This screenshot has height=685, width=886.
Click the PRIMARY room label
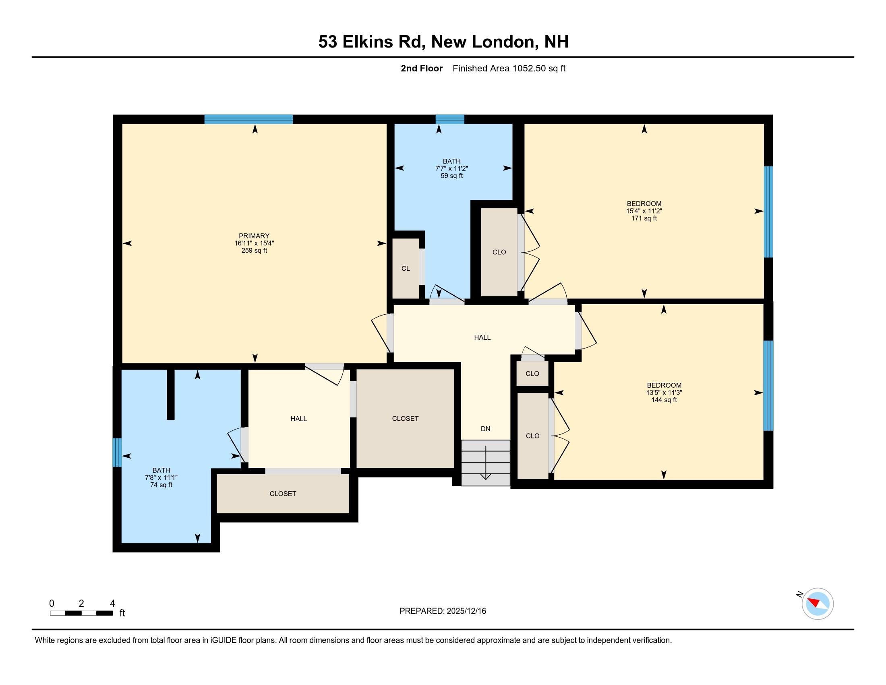[x=254, y=236]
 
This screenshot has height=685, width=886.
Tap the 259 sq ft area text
[x=254, y=250]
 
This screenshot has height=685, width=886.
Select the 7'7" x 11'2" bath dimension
[x=451, y=168]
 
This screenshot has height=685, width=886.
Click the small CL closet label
[x=405, y=268]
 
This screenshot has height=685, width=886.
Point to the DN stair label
[x=485, y=429]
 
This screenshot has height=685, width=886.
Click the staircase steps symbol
[x=486, y=463]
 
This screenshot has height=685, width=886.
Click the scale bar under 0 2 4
[x=81, y=613]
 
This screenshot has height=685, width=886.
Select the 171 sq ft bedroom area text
[x=644, y=218]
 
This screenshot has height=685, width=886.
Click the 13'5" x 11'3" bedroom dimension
[x=664, y=392]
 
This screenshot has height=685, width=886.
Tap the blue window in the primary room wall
[x=248, y=119]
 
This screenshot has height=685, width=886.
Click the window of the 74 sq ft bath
[x=117, y=452]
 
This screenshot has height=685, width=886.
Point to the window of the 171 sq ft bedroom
[x=768, y=212]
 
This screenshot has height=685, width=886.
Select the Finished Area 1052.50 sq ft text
[x=509, y=68]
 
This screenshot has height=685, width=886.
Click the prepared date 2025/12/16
[x=465, y=611]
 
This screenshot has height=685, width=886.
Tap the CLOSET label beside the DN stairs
[x=405, y=418]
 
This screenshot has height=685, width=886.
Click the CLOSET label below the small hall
[x=283, y=494]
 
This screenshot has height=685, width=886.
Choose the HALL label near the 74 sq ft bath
[x=298, y=418]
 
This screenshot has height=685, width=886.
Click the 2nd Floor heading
[x=421, y=68]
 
